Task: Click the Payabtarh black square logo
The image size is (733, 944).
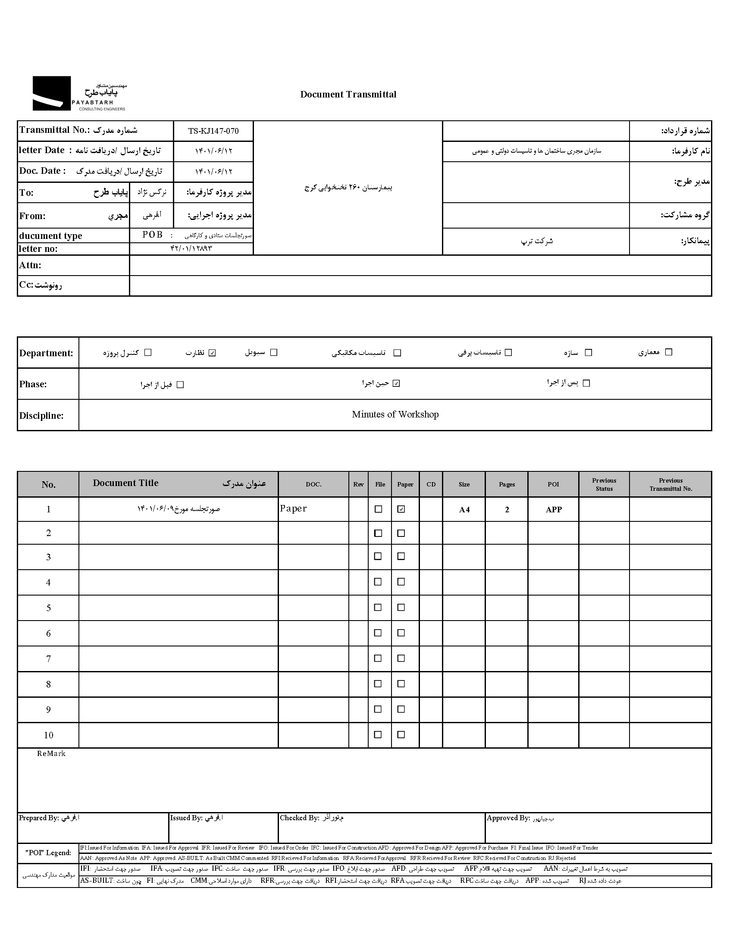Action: point(51,93)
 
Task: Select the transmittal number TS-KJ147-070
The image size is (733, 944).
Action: point(213,131)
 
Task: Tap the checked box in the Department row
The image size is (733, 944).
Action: point(212,353)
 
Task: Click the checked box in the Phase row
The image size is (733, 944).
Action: point(396,383)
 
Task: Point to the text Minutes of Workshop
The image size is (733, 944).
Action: point(395,414)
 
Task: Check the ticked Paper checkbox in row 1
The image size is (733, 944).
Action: point(401,509)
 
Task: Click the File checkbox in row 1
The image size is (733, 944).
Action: point(378,509)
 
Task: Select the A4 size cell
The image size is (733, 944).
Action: point(464,510)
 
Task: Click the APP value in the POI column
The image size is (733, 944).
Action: point(554,510)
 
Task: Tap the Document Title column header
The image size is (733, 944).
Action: point(126,483)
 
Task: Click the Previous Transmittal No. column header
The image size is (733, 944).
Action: point(670,485)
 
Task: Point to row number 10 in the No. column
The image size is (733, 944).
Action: point(48,735)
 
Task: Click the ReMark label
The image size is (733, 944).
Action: point(51,753)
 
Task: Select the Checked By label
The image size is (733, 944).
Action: point(299,818)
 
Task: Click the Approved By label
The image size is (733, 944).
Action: point(508,818)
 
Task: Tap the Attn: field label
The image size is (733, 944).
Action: point(30,265)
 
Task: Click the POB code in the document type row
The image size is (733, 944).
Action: point(153,235)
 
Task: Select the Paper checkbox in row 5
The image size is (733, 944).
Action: point(401,607)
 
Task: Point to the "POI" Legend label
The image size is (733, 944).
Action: point(48,853)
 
